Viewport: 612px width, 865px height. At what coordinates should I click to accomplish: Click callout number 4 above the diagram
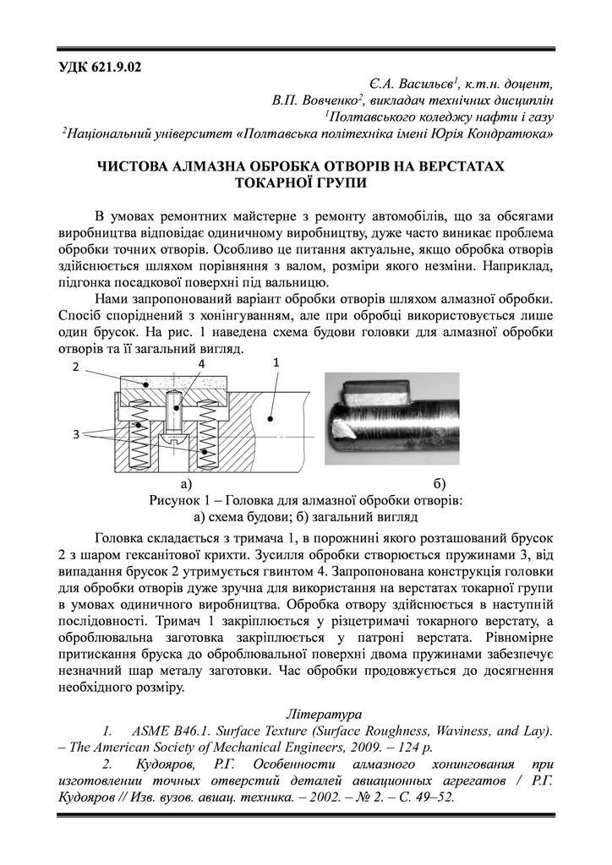point(201,363)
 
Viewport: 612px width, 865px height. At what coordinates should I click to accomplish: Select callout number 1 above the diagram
point(276,361)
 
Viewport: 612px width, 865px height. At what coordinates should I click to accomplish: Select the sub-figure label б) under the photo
point(439,484)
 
